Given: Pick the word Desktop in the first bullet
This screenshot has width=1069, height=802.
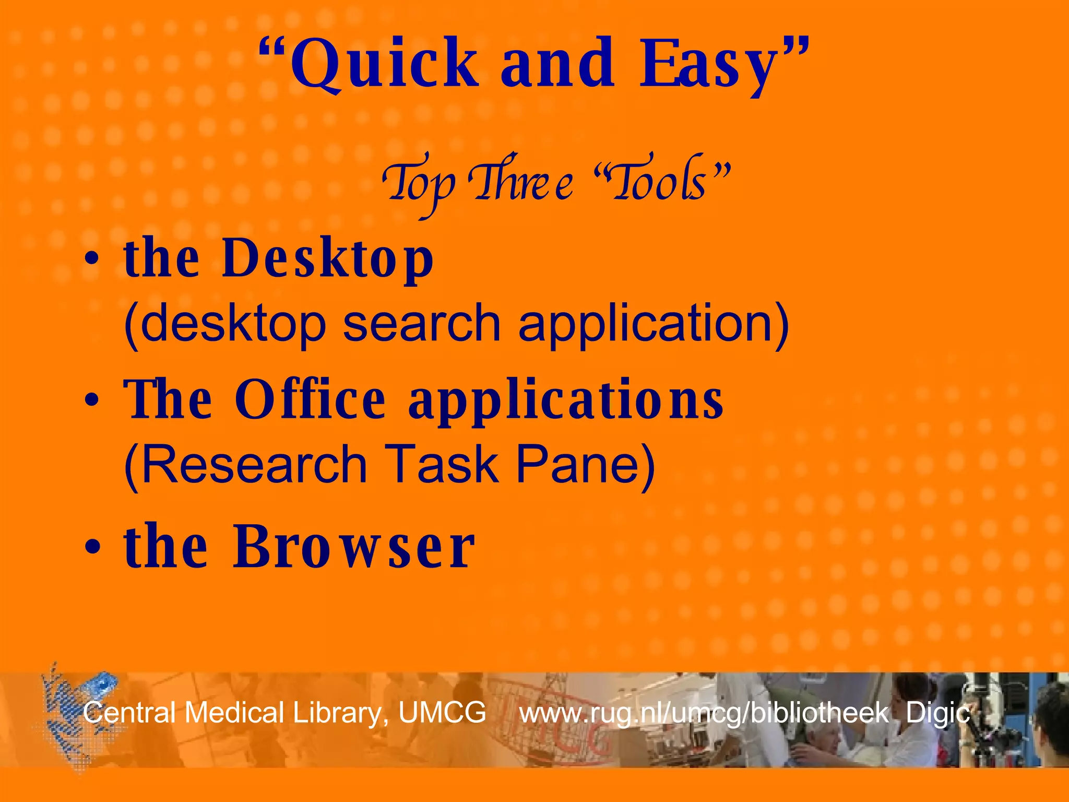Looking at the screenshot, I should pos(328,258).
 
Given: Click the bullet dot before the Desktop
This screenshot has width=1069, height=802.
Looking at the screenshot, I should pos(92,260).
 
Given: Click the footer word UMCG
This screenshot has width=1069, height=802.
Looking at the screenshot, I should pos(442,713).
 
